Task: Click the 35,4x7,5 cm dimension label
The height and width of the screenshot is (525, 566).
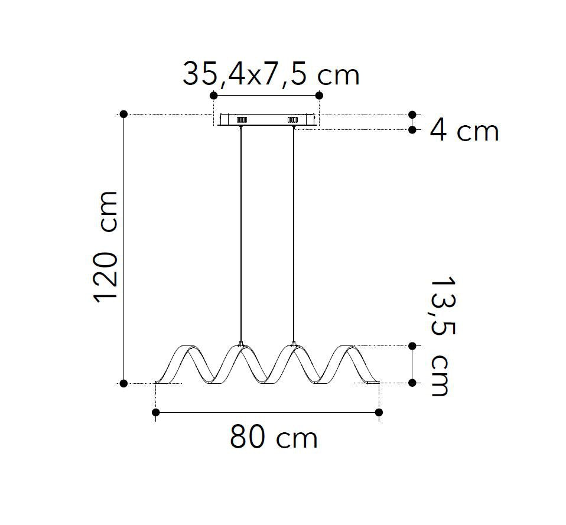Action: click(x=271, y=75)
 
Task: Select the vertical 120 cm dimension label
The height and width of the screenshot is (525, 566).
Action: click(x=106, y=247)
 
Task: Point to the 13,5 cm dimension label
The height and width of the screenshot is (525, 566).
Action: click(x=443, y=336)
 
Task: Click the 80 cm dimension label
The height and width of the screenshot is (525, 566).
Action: click(x=274, y=437)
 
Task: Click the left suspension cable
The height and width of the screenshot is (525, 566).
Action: click(x=241, y=234)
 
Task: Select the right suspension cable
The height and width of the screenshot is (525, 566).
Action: click(x=294, y=234)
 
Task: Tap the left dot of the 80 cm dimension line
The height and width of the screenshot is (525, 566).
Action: click(x=155, y=412)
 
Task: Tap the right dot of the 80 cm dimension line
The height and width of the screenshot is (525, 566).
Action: click(x=379, y=412)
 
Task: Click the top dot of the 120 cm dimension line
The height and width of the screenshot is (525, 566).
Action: click(x=123, y=115)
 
